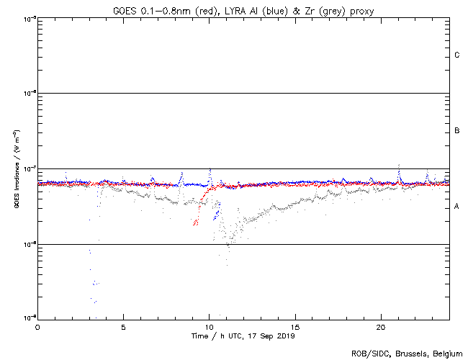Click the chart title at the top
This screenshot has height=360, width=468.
243,10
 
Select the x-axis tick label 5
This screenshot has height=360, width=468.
123,326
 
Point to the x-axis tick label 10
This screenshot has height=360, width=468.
209,326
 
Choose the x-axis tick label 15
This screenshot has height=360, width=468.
295,326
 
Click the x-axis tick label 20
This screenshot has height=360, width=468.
381,326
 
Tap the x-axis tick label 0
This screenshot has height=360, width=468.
37,326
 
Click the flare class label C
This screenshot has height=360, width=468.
457,55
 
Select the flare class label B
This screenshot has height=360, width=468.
457,131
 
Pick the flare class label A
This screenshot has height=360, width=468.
457,207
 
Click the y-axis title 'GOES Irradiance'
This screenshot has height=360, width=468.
16,168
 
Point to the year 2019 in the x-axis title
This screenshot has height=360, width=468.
286,336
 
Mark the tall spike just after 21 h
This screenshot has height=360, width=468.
399,167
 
